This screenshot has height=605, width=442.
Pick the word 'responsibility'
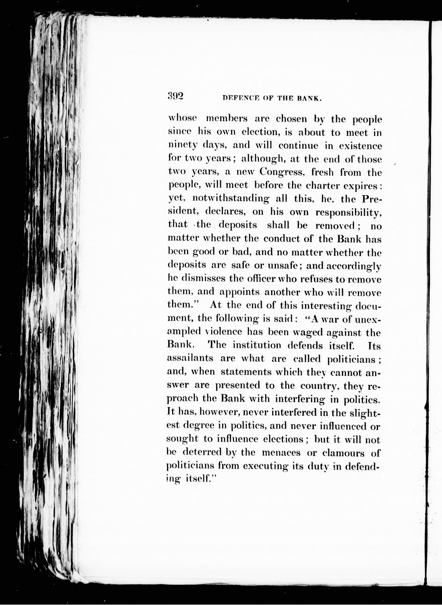348,212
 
